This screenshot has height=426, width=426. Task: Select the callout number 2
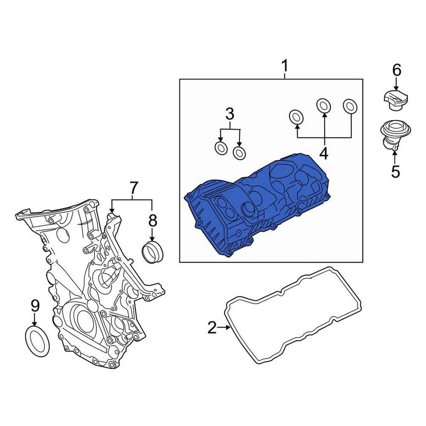(x=212, y=328)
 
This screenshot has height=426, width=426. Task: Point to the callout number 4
(x=324, y=153)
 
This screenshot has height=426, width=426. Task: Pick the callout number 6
(x=396, y=70)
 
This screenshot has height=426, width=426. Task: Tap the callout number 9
(x=35, y=305)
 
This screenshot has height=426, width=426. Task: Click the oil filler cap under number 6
(x=394, y=100)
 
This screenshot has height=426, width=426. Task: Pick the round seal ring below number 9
(x=36, y=341)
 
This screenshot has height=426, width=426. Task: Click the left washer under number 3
(x=221, y=148)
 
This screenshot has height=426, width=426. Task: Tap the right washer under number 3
(x=240, y=153)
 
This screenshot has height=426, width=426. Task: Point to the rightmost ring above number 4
(x=351, y=106)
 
